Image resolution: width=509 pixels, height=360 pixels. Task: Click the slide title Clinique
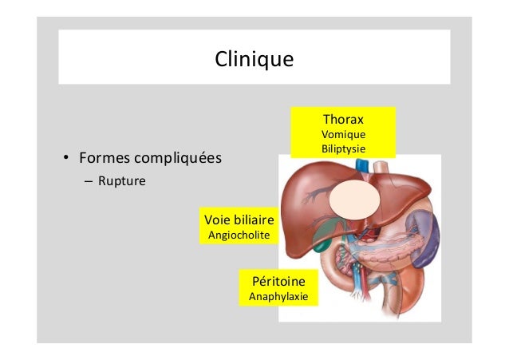[x=254, y=59]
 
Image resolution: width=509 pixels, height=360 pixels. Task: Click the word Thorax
[x=343, y=119]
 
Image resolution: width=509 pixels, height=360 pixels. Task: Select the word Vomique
[x=343, y=134]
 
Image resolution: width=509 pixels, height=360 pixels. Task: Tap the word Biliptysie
[x=343, y=148]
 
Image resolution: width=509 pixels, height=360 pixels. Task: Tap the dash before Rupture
[x=88, y=180]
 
